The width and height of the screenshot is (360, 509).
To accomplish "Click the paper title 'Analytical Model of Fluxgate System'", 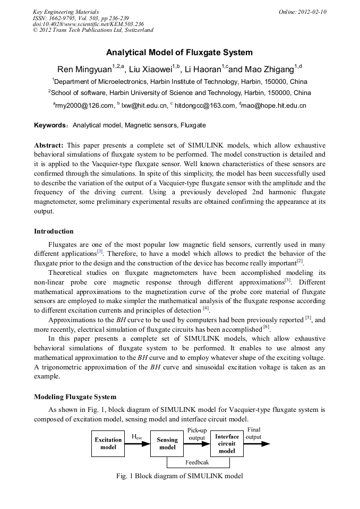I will pyautogui.click(x=179, y=53).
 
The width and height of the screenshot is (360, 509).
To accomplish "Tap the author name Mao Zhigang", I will pyautogui.click(x=271, y=70).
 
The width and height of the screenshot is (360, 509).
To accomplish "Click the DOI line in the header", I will pyautogui.click(x=88, y=24).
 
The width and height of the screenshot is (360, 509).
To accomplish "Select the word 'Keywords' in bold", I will pyautogui.click(x=50, y=125).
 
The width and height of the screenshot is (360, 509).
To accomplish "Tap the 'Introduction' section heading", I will pyautogui.click(x=54, y=231).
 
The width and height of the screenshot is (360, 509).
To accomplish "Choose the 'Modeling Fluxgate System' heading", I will pyautogui.click(x=75, y=396).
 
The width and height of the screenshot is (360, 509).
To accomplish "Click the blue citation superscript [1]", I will pyautogui.click(x=100, y=252).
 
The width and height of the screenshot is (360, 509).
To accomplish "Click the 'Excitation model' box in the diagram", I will pyautogui.click(x=108, y=444).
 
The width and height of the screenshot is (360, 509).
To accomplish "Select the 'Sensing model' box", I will pyautogui.click(x=167, y=444).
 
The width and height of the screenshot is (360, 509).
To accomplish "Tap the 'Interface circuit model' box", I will pyautogui.click(x=227, y=444).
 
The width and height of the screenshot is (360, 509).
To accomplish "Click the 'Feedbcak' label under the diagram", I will pyautogui.click(x=197, y=462).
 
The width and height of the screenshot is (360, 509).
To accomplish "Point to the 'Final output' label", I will pyautogui.click(x=254, y=433).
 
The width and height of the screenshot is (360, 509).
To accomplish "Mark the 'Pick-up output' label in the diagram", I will pyautogui.click(x=197, y=433).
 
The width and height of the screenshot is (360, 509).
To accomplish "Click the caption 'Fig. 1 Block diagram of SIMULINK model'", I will pyautogui.click(x=179, y=476).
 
